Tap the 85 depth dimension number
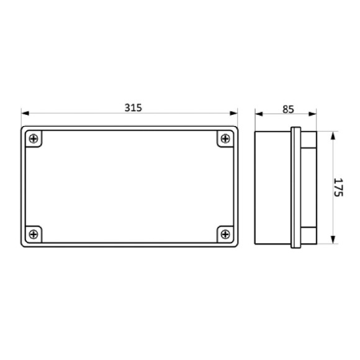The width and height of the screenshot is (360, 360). pos(288,109)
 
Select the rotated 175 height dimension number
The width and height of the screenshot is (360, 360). pos(339,187)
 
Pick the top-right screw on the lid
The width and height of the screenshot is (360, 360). pos(224,139)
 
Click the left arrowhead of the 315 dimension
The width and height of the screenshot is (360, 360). pos(25,114)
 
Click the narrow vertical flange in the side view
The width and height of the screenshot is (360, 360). pos(296,187)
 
